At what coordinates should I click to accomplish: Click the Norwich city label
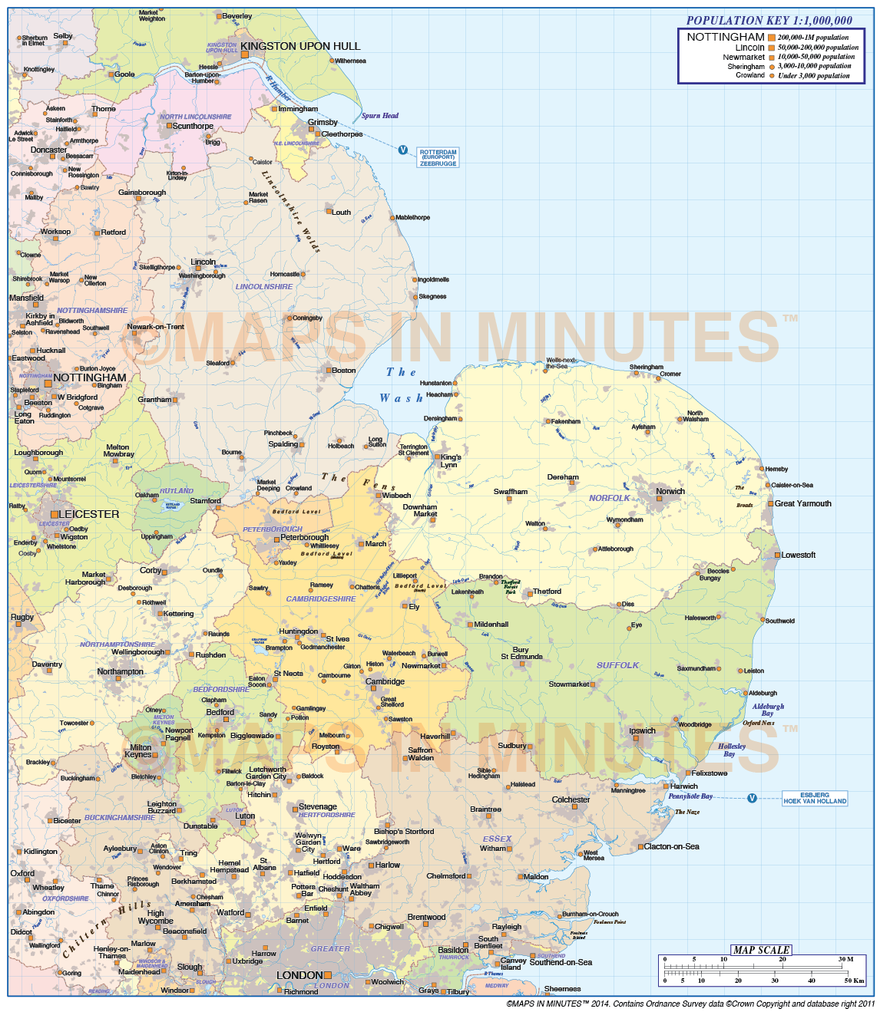[670, 491]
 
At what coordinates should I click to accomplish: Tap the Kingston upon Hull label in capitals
[300, 46]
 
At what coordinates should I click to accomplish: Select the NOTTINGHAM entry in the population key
[726, 37]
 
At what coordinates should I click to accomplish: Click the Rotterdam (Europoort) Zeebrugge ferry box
[438, 157]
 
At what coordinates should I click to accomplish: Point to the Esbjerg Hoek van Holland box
[815, 798]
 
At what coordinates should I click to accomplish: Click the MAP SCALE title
[761, 950]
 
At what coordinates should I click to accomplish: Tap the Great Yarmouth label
[802, 503]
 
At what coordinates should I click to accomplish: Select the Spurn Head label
[380, 116]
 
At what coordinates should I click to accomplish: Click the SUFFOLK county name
[617, 665]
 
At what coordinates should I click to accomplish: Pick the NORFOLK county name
[609, 498]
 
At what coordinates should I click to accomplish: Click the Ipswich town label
[642, 730]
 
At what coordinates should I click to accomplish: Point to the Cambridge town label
[385, 681]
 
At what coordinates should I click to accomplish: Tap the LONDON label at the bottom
[299, 975]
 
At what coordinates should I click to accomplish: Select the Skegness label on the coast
[432, 296]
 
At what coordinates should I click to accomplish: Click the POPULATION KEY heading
[769, 21]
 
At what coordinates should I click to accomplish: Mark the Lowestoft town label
[799, 555]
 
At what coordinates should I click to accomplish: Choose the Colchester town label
[571, 799]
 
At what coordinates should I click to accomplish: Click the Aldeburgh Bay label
[768, 710]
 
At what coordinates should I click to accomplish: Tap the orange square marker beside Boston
[328, 371]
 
